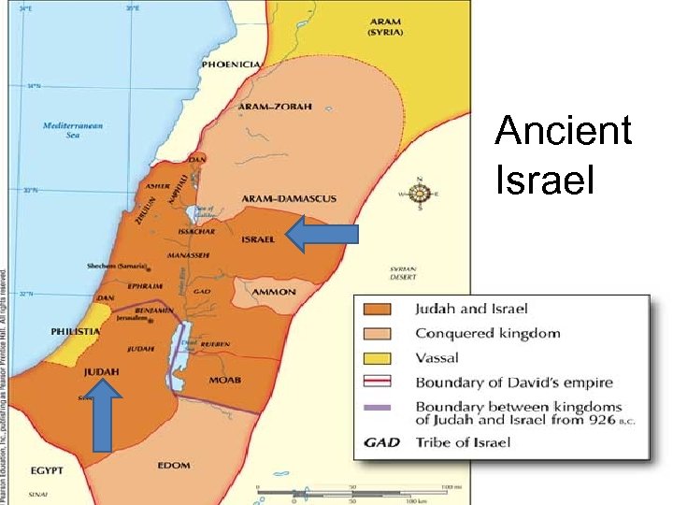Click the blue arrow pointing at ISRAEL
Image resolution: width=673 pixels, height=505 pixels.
[322, 236]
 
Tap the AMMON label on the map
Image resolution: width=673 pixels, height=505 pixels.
[274, 292]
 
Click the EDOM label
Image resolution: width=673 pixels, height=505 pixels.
[173, 465]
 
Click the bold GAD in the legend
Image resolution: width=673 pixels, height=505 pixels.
[382, 441]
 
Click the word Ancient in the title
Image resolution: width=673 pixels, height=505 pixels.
[563, 131]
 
